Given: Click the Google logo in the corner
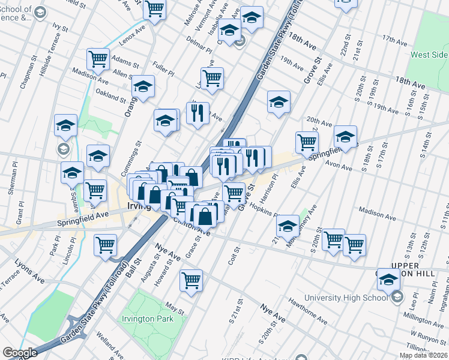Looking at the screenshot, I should (x=20, y=353).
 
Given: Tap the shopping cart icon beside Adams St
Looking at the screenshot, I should (x=98, y=59).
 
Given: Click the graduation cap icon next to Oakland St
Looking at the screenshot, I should (x=143, y=87).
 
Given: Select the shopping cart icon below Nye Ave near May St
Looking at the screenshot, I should (x=191, y=280).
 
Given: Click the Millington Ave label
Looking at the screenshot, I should (x=422, y=316).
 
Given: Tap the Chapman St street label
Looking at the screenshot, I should (x=26, y=73).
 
